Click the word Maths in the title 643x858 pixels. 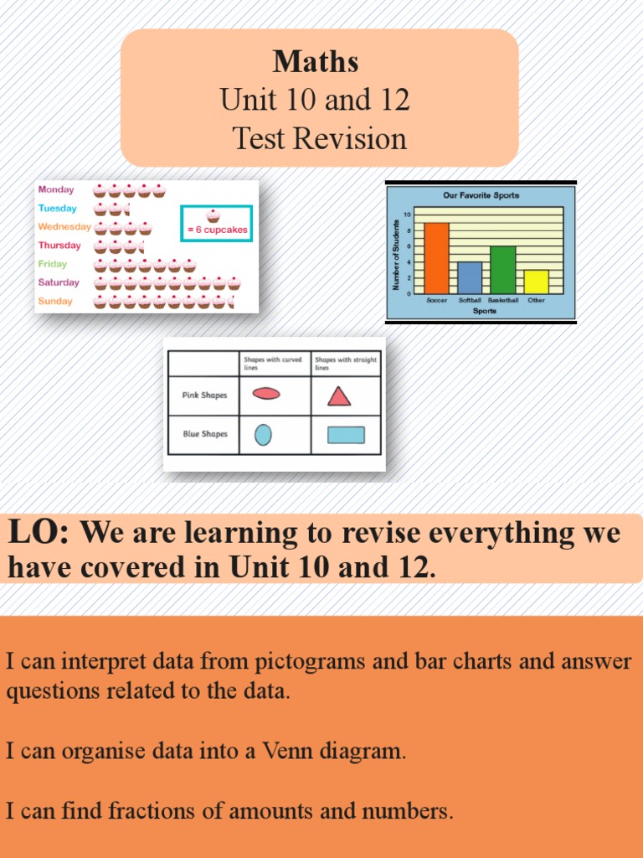tap(316, 61)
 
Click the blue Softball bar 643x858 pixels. tap(469, 277)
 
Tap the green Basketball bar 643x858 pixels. tap(502, 270)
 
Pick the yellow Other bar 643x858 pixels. tap(536, 282)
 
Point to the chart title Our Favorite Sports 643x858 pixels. tap(481, 195)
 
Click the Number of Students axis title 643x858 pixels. tap(396, 255)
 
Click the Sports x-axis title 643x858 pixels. tap(484, 311)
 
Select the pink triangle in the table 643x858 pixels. tap(339, 395)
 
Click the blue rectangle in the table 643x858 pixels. tap(346, 435)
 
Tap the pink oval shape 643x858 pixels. tap(266, 394)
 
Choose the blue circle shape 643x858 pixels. tap(263, 435)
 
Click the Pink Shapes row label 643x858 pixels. tap(204, 395)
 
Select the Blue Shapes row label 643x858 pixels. tap(204, 435)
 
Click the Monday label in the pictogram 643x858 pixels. tap(56, 190)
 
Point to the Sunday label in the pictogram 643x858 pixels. tap(55, 302)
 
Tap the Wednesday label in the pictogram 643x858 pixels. tap(64, 227)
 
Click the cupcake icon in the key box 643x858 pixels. tap(213, 215)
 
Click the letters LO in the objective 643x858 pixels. tap(38, 532)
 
